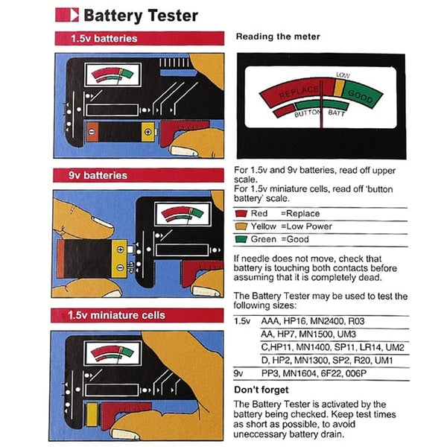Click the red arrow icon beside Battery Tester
tap(67, 15)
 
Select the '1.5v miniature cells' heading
tap(118, 315)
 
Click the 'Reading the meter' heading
tap(277, 37)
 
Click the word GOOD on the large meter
tap(361, 97)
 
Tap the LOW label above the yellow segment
tap(343, 76)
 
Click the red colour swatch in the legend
tap(243, 214)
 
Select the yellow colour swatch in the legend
tap(243, 226)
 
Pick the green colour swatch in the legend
tap(243, 239)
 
